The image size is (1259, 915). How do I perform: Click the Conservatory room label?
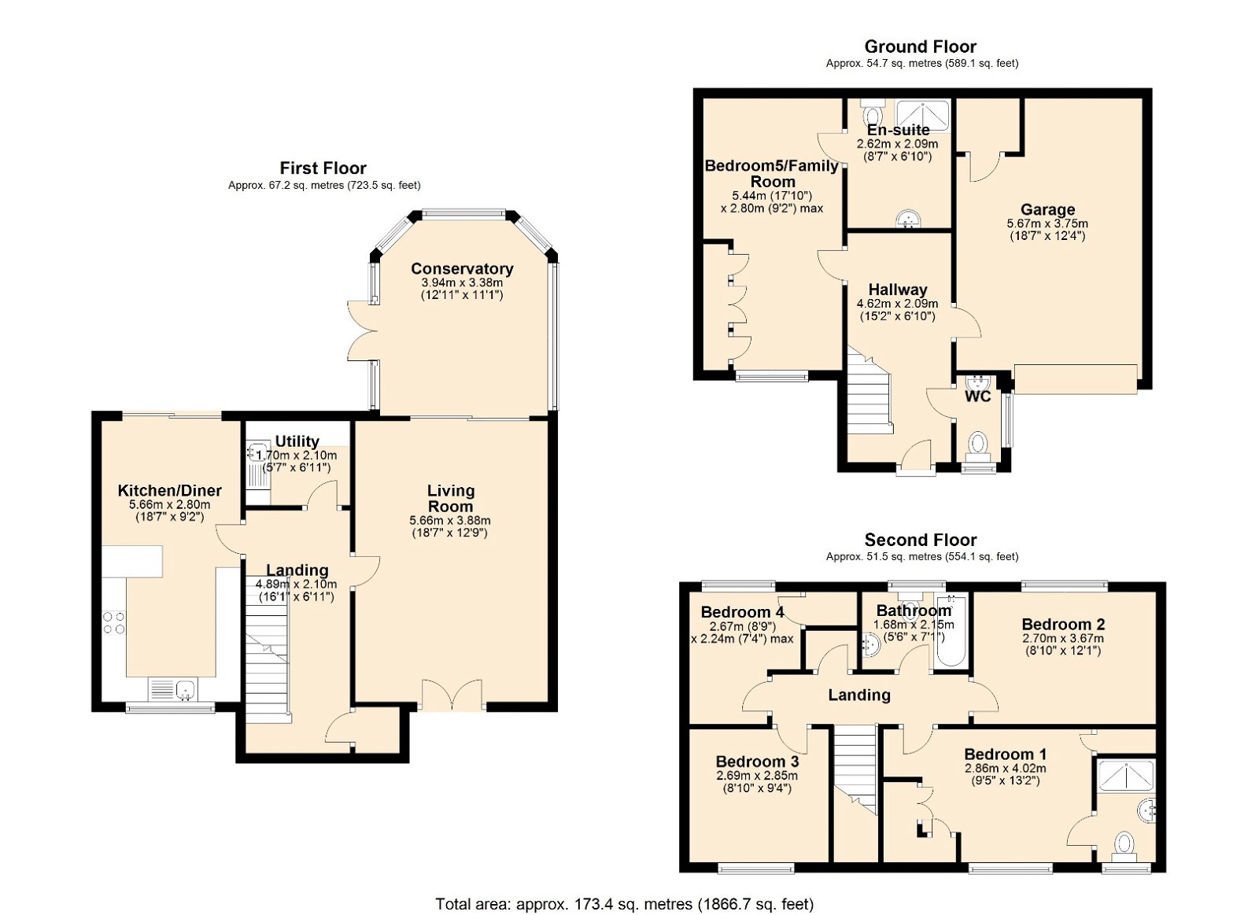(462, 269)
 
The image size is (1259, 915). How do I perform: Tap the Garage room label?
(1047, 209)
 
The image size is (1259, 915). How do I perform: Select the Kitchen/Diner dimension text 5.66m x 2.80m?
(170, 505)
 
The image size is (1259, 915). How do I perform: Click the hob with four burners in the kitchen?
(114, 622)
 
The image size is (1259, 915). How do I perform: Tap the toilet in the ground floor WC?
(978, 445)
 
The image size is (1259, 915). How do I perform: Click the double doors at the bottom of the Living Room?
(452, 695)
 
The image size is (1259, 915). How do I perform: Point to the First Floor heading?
(323, 168)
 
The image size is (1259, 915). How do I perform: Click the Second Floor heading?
(920, 540)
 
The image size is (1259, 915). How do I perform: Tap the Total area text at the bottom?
(624, 904)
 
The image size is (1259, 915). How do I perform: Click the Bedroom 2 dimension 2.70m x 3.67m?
(1062, 639)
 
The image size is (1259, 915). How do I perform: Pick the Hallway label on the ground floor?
(897, 290)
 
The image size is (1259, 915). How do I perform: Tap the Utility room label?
(297, 441)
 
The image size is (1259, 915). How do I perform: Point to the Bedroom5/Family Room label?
(771, 173)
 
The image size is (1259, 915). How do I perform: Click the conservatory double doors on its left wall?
(361, 331)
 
